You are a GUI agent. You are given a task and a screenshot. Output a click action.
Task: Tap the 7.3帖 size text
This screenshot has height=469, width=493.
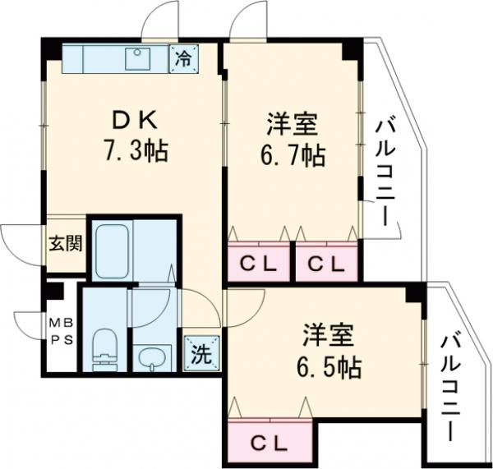point(135,153)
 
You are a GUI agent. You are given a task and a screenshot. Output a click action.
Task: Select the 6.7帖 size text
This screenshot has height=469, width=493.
point(293,154)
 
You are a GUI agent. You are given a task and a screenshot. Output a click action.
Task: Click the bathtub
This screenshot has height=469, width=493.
point(113,250)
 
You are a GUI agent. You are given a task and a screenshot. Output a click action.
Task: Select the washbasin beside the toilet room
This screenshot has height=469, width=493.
point(151,356)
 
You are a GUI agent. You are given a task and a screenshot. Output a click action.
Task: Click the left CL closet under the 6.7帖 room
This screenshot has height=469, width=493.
point(256,264)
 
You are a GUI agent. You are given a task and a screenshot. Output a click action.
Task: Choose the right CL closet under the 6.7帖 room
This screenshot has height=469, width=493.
point(326,264)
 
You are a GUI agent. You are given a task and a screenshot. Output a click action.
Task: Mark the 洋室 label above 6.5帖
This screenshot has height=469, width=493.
point(329,335)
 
